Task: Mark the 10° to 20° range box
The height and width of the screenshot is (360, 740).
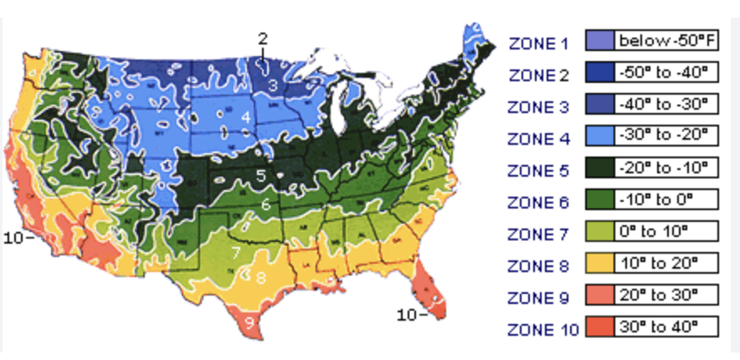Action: (x=666, y=264)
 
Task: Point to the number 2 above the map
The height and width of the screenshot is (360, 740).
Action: (x=263, y=39)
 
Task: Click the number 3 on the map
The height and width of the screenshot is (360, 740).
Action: (x=273, y=85)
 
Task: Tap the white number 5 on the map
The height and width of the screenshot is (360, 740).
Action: (x=261, y=176)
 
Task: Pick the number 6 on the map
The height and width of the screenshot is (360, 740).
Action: (x=265, y=203)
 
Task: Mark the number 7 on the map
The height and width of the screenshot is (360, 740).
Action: (x=237, y=251)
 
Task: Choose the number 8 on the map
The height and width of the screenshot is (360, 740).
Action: (x=261, y=277)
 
